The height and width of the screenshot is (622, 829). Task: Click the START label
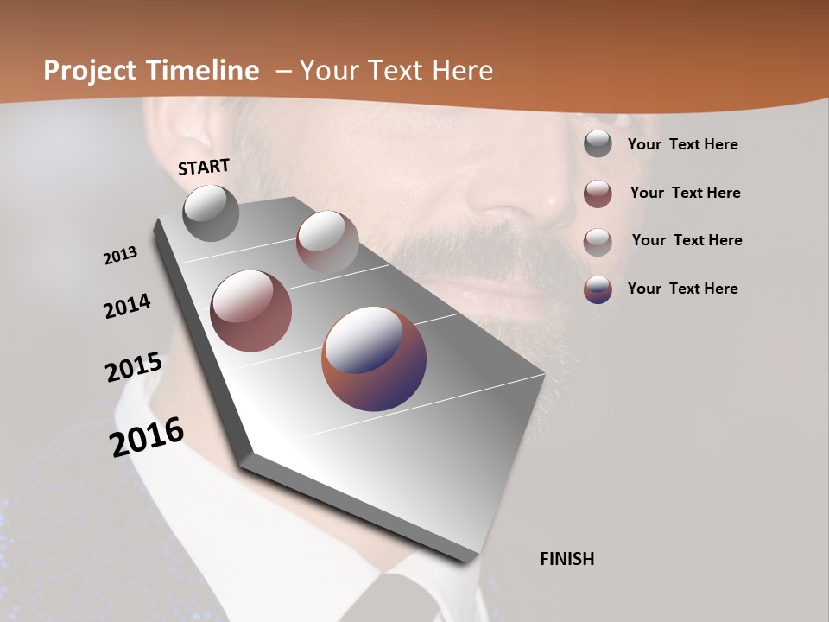204,167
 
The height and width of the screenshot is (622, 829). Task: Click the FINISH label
566,559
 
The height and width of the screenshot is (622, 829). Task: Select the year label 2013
120,256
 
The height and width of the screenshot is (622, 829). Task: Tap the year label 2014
127,307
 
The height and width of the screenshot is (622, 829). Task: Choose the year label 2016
147,437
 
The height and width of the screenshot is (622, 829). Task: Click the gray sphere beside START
211,213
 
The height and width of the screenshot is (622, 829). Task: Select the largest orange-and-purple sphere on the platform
374,358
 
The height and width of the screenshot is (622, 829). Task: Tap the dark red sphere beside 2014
250,311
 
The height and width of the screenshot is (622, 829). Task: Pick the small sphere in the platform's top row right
327,241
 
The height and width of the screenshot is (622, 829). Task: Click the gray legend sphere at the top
598,144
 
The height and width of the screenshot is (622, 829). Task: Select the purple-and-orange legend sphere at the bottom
598,289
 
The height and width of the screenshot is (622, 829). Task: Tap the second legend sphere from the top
598,194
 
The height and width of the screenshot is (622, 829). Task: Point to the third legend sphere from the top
598,241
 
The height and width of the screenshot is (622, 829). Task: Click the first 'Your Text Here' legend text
682,145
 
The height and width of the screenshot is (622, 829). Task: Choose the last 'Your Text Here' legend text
682,289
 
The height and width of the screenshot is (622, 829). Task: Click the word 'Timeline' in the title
202,71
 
